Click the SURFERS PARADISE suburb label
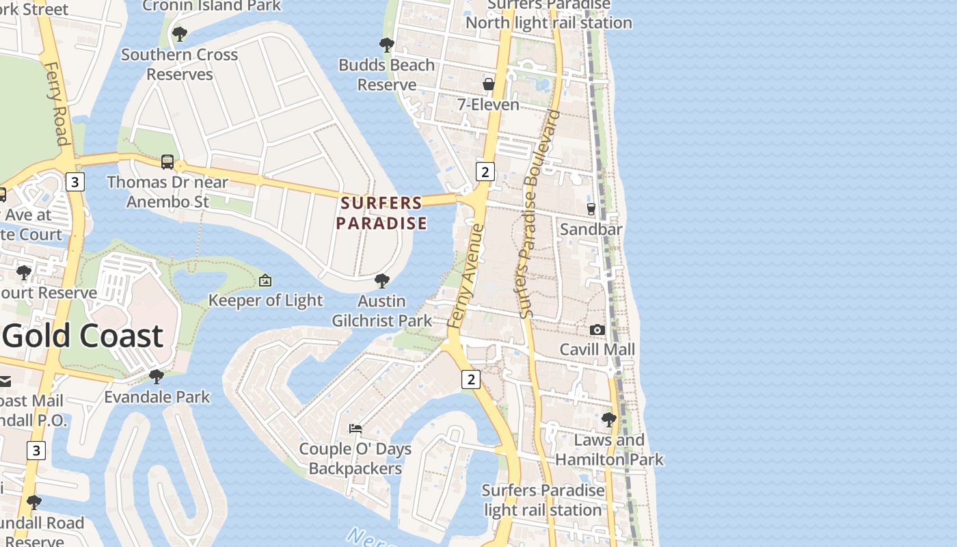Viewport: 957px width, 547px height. (381, 213)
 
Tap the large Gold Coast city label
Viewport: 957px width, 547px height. (83, 336)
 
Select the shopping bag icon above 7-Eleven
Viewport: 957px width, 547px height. (489, 84)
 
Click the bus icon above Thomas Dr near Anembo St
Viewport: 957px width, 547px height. (167, 162)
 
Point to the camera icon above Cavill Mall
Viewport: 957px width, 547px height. (597, 330)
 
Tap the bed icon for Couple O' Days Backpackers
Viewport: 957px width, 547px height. (355, 429)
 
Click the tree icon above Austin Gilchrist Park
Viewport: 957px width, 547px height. (382, 280)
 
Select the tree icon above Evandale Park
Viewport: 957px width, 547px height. (157, 376)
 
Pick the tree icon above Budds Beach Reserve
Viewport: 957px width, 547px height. (387, 45)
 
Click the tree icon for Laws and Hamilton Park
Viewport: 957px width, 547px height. (608, 419)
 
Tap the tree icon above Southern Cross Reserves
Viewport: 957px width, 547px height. (180, 34)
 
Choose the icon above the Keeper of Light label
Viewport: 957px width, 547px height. (265, 280)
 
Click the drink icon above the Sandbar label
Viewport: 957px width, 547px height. (591, 209)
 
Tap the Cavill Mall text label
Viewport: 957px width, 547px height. (597, 349)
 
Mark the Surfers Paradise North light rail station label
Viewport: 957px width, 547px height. (548, 14)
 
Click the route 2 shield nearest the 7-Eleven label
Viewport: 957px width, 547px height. (485, 171)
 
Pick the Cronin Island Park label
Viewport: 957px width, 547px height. (211, 5)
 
